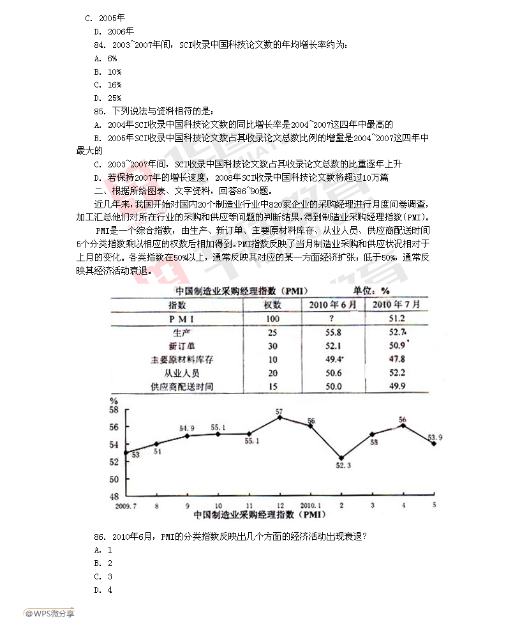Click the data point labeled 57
point(279,418)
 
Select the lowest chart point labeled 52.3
point(341,458)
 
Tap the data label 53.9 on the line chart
point(435,438)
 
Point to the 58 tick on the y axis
point(115,409)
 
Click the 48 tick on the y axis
point(115,496)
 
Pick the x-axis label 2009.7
point(126,505)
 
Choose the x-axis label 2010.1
point(311,505)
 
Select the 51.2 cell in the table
point(396,318)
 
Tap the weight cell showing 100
point(272,318)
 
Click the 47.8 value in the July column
point(396,359)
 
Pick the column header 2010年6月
point(332,304)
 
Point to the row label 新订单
point(182,346)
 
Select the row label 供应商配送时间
point(182,386)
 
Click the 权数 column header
point(272,304)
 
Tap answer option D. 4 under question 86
point(103,590)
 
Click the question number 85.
point(100,111)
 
